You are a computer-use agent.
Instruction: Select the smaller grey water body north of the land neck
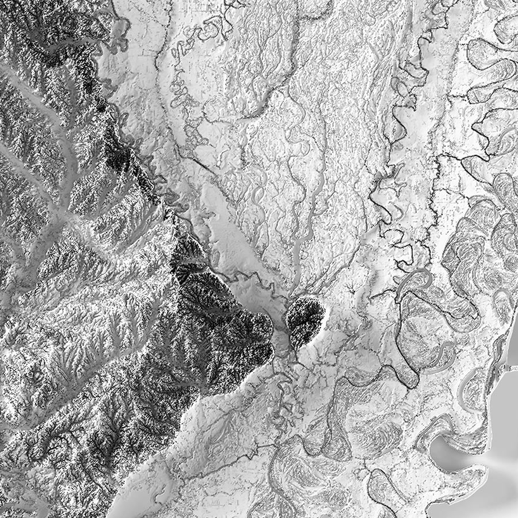pos(512,345)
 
